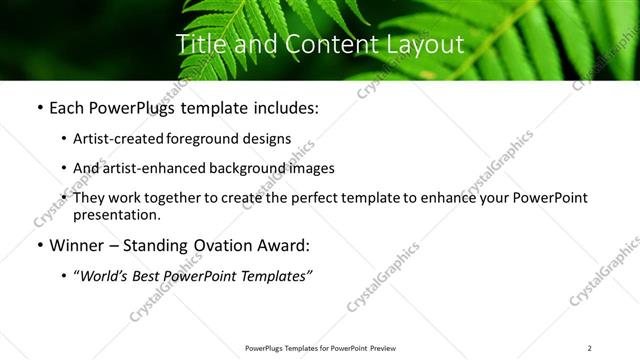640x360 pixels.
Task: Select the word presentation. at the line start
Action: (x=116, y=214)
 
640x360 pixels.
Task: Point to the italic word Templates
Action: (x=273, y=276)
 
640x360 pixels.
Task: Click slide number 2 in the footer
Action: (x=590, y=348)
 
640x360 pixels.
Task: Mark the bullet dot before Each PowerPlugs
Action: (x=39, y=108)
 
